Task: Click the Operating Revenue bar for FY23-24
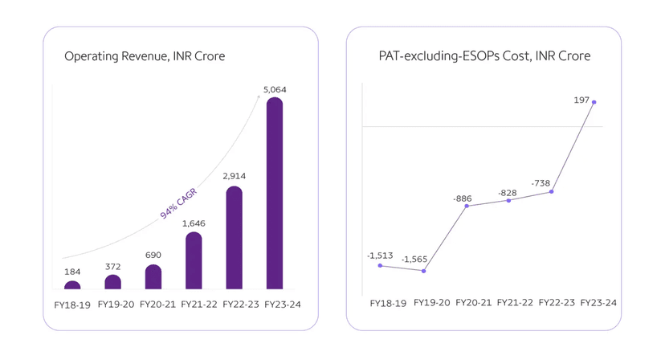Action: click(x=274, y=193)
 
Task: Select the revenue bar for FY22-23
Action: click(x=234, y=238)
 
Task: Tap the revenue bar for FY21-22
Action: click(x=194, y=260)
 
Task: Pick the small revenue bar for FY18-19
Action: click(x=72, y=284)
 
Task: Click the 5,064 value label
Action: click(x=274, y=89)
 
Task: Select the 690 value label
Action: click(x=153, y=256)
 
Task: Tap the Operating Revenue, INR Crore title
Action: click(x=145, y=57)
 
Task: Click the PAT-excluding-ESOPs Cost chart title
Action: click(x=484, y=57)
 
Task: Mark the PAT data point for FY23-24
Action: click(x=594, y=102)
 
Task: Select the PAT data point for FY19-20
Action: click(x=423, y=271)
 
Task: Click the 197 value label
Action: click(x=581, y=100)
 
